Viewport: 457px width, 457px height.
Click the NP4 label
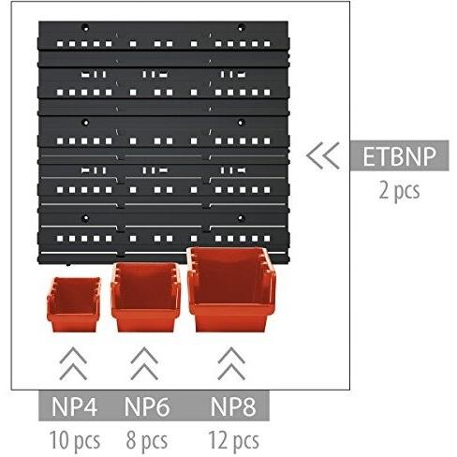coord(74,406)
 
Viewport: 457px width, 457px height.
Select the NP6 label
coord(147,406)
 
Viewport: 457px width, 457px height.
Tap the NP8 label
coord(233,406)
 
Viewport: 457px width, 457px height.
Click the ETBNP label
coord(399,156)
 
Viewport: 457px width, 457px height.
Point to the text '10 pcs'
coord(75,441)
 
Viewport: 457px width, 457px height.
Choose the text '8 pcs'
coord(147,441)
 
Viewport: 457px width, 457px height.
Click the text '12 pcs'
coord(233,441)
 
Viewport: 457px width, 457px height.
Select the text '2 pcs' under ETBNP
coord(399,190)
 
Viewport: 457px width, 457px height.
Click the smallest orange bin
coord(74,304)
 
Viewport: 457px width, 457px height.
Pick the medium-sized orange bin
coord(146,297)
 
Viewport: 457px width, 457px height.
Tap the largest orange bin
coord(231,289)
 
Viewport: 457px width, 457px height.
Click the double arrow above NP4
coord(73,363)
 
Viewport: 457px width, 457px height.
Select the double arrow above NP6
coord(144,363)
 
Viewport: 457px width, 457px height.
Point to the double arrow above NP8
coord(231,363)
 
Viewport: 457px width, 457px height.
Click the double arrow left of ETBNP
coord(323,155)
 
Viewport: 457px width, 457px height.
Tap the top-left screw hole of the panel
coord(85,28)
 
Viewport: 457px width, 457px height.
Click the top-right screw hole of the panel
coord(241,28)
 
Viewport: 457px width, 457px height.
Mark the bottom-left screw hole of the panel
coord(85,218)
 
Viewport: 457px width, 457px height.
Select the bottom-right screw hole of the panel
coord(241,218)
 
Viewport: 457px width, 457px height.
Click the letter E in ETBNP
coord(369,156)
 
